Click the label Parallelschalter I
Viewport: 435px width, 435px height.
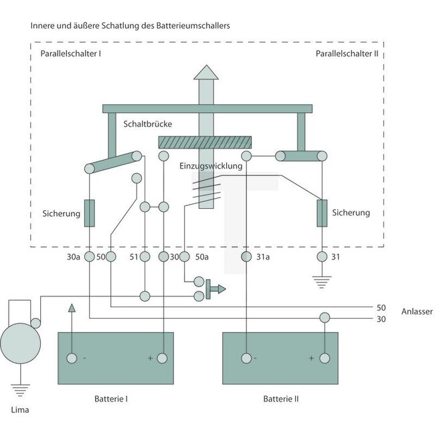coord(70,53)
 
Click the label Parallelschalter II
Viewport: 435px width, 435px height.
coord(347,53)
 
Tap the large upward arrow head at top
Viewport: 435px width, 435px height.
coord(205,72)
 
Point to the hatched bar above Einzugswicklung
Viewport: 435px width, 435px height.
coord(205,142)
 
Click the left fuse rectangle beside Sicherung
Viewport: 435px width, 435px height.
coord(89,213)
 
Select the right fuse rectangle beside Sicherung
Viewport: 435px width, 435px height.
coord(322,213)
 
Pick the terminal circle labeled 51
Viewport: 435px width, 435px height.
coord(145,256)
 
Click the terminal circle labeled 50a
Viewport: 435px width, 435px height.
coord(183,256)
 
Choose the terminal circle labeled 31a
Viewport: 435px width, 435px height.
coord(247,256)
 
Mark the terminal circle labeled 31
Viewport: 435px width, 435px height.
coord(322,256)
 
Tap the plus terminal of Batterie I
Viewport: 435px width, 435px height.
coord(164,359)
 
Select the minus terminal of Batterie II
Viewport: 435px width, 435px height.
coord(247,359)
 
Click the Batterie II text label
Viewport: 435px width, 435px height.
coord(281,399)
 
